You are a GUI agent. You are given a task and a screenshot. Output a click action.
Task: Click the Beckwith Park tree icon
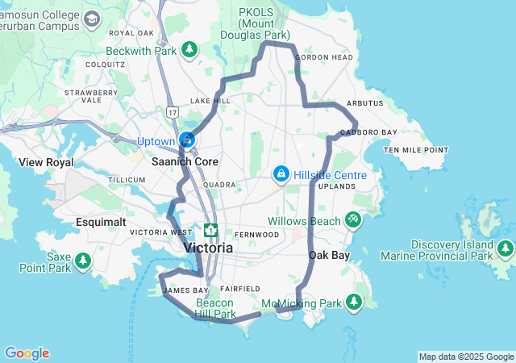coord(189,51)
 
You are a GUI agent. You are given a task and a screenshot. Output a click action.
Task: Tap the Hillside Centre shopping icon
coord(281,173)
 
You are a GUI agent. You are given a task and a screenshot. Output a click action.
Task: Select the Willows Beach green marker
coord(353,219)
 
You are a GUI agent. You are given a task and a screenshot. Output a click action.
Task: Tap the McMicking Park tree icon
coord(353,302)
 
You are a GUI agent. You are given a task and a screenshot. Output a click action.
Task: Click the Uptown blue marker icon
coord(187,140)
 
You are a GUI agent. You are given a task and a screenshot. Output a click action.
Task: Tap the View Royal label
coord(47,162)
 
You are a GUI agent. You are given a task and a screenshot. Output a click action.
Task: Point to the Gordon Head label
coord(323,58)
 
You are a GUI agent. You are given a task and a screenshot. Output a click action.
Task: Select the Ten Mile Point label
coord(415,150)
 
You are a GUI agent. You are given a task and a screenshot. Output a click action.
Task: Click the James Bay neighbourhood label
coord(185,290)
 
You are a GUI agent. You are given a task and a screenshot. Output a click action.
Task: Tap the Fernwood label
coord(259,235)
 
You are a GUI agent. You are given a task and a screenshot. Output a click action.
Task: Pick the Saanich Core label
coord(185,161)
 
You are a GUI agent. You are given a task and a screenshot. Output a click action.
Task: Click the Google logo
coord(27,353)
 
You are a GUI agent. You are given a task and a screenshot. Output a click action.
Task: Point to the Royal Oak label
coord(131,33)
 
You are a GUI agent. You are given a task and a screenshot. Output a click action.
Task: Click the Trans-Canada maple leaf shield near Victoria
coord(210,231)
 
